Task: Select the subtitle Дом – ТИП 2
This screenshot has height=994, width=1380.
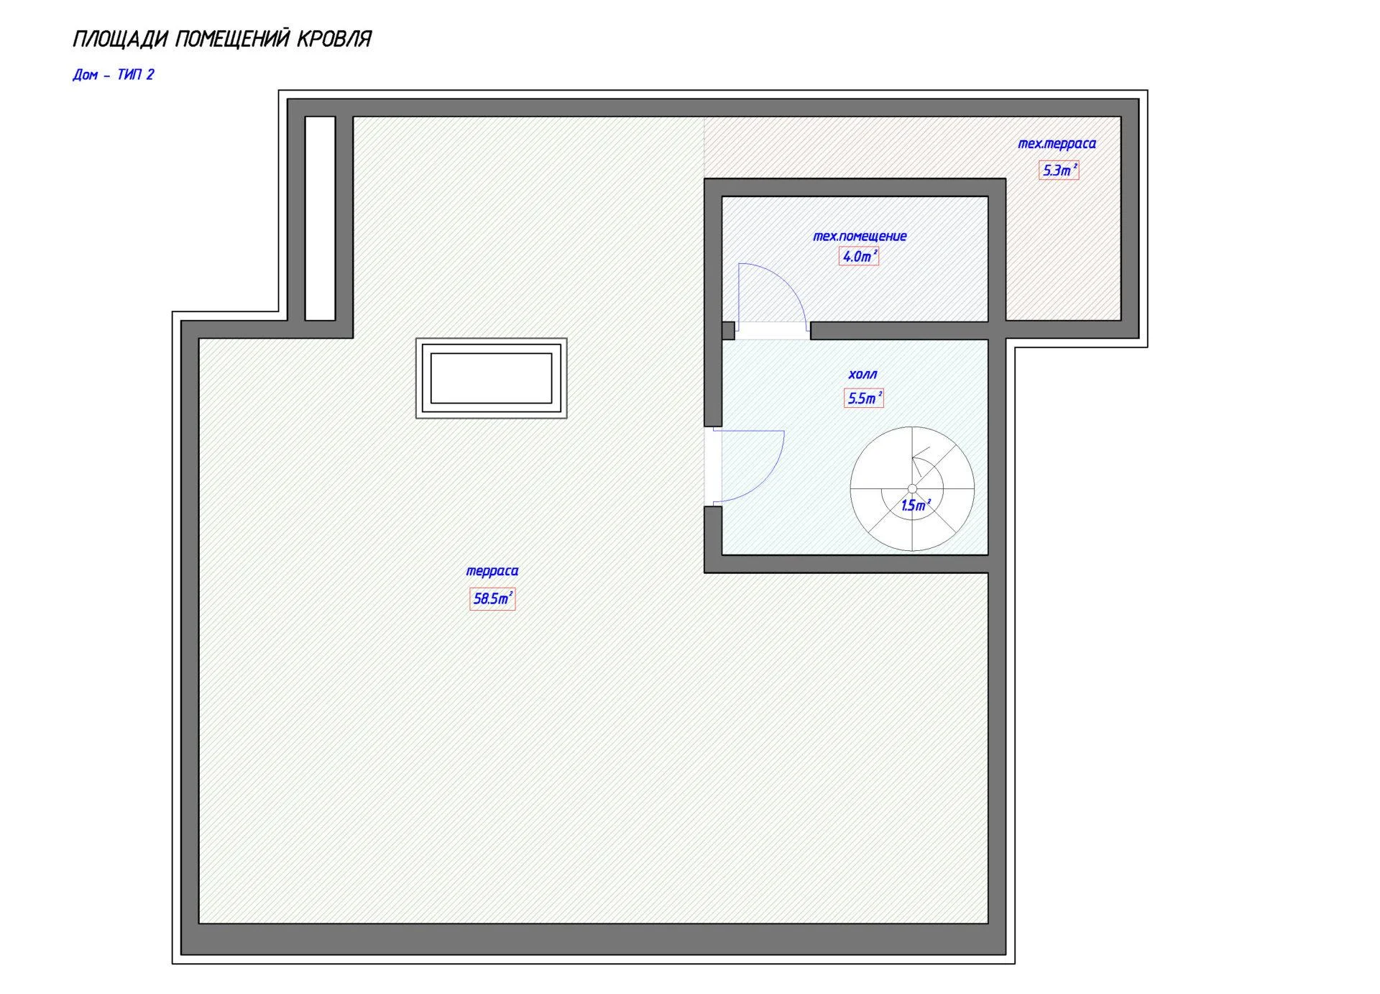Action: [114, 75]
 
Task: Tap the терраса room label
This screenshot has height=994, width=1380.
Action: [492, 571]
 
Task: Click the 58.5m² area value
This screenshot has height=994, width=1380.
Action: [492, 598]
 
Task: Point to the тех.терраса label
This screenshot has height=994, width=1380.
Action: [1057, 144]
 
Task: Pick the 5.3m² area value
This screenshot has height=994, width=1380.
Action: [1059, 170]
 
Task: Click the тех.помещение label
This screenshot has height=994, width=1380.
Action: [860, 236]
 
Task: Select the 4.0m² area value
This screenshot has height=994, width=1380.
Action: [859, 256]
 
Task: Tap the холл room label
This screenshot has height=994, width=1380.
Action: [862, 375]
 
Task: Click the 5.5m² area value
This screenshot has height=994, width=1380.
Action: [864, 398]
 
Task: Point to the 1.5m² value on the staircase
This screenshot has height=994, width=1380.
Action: [916, 506]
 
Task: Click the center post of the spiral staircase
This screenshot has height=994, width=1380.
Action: [912, 489]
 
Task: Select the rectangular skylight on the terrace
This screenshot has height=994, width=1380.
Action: [492, 378]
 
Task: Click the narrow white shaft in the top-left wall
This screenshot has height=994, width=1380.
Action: [321, 218]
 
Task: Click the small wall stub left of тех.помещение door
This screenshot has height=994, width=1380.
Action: [728, 330]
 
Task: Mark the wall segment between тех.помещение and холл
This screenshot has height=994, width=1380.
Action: [899, 330]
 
